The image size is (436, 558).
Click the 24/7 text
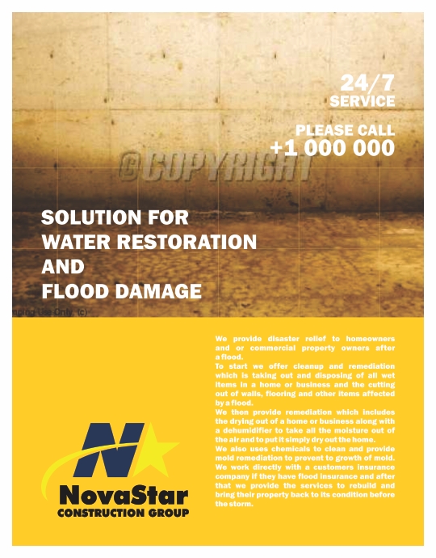coord(367,82)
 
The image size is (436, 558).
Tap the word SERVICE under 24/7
coord(363,101)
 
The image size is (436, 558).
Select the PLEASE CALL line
coord(345,129)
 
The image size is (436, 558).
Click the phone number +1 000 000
coord(332,147)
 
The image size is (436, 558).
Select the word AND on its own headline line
coord(62,266)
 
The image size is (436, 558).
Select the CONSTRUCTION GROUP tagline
coord(123,513)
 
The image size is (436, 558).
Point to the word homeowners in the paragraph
coord(369,337)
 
